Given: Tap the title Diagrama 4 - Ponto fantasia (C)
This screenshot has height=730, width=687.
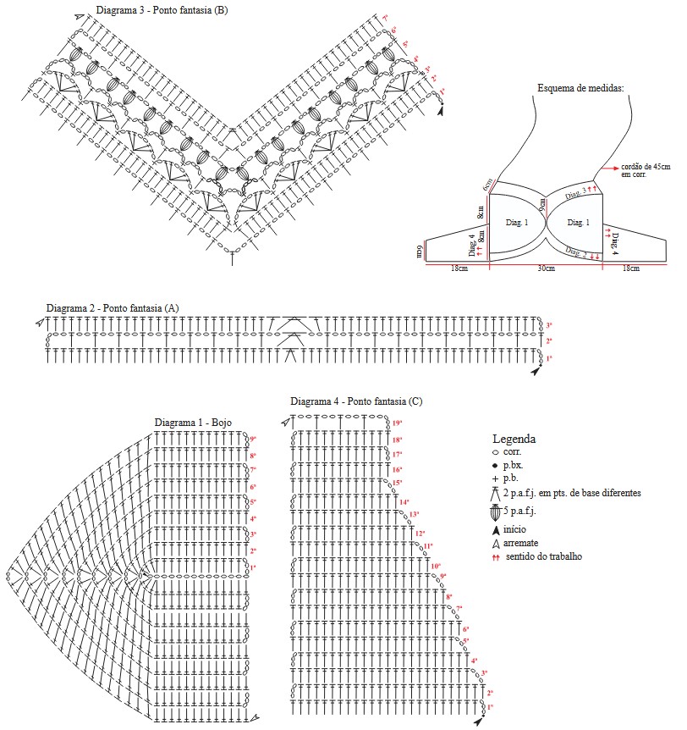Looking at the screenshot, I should click(356, 401).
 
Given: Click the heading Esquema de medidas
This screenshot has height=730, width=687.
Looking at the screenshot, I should click(581, 87).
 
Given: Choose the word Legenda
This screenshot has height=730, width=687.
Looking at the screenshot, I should click(514, 439).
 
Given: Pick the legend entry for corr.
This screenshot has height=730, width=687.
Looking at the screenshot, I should click(514, 453).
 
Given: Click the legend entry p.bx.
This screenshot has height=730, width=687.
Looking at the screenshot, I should click(515, 466).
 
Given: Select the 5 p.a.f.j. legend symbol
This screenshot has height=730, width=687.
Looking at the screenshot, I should click(497, 512).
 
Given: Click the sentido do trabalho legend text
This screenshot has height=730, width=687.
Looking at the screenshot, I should click(543, 556).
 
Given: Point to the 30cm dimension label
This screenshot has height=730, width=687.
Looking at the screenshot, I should click(546, 268).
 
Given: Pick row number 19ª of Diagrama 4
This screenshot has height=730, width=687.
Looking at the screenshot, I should click(397, 423).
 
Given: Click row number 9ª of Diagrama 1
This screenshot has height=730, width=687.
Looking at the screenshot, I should click(252, 440).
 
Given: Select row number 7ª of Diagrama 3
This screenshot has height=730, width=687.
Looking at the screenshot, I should click(385, 18).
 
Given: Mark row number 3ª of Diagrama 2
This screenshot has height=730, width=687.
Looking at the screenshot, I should click(548, 325).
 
